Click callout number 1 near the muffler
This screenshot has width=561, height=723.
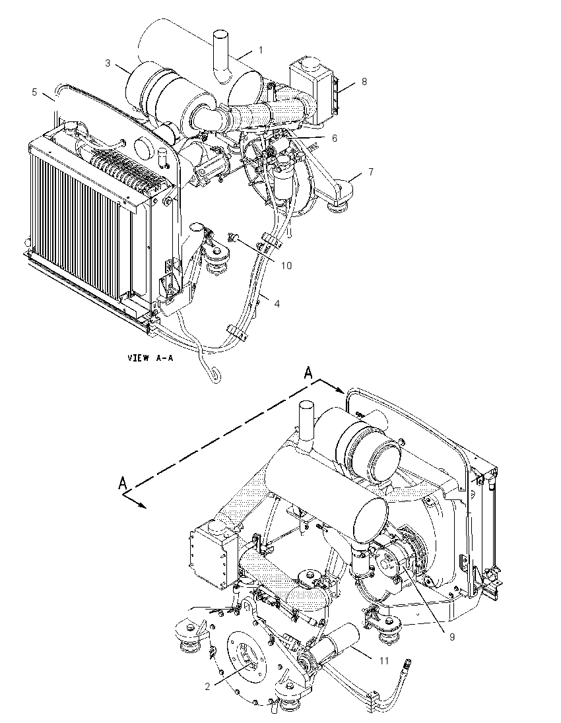[x=261, y=49]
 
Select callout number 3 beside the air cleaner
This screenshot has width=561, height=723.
[x=108, y=63]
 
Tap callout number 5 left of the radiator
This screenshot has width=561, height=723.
[x=34, y=92]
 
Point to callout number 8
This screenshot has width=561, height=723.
[x=364, y=82]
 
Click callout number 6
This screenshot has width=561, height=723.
[x=335, y=139]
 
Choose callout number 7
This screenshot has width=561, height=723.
[x=371, y=172]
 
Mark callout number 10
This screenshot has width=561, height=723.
[x=286, y=266]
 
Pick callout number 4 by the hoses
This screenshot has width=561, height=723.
[x=277, y=304]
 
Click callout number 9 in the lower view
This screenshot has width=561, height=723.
[x=452, y=637]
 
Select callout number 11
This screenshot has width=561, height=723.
[x=384, y=661]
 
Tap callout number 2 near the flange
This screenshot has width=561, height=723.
[x=208, y=687]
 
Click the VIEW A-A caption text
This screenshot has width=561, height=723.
[x=150, y=358]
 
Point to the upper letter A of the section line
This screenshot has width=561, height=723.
[x=309, y=373]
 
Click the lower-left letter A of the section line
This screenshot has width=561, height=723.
[x=123, y=483]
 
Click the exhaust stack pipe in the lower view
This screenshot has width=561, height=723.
[x=306, y=419]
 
